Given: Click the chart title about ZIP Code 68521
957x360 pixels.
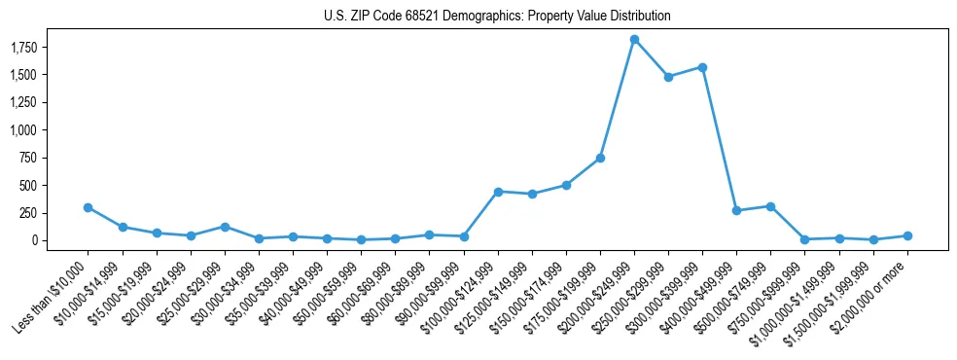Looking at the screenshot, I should click(x=497, y=17).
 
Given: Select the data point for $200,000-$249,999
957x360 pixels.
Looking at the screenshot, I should click(x=634, y=40).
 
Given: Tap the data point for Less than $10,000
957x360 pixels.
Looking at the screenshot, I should click(x=89, y=207).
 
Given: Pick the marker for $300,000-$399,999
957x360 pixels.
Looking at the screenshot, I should click(x=702, y=67).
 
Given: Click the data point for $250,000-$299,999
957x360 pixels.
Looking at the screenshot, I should click(x=668, y=77).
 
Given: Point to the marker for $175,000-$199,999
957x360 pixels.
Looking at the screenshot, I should click(x=600, y=158).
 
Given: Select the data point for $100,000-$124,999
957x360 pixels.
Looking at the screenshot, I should click(x=498, y=192).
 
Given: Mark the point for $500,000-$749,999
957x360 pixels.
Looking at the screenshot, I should click(x=770, y=206).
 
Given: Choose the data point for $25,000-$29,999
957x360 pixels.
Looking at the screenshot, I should click(x=225, y=227).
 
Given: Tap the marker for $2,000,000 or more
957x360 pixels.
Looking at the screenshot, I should click(x=907, y=235).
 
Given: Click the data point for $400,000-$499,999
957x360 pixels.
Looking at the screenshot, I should click(x=736, y=210).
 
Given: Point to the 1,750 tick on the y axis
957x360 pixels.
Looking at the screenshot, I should click(x=37, y=47).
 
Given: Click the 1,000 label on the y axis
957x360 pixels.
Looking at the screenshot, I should click(x=37, y=130).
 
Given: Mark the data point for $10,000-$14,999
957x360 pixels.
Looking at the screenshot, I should click(x=123, y=227).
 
